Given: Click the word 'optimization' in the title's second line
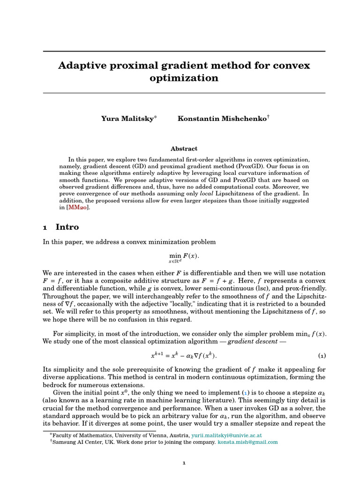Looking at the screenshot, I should [184, 78].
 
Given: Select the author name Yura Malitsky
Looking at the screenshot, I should [127, 119].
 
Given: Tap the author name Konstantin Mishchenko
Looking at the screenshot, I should [222, 119].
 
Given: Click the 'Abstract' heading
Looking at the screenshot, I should [184, 149].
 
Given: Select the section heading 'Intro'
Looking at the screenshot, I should [67, 227].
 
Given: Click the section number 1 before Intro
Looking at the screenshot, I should [45, 228].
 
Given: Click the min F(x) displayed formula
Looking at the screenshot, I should [184, 257].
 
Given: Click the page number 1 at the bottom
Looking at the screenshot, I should [184, 463].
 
